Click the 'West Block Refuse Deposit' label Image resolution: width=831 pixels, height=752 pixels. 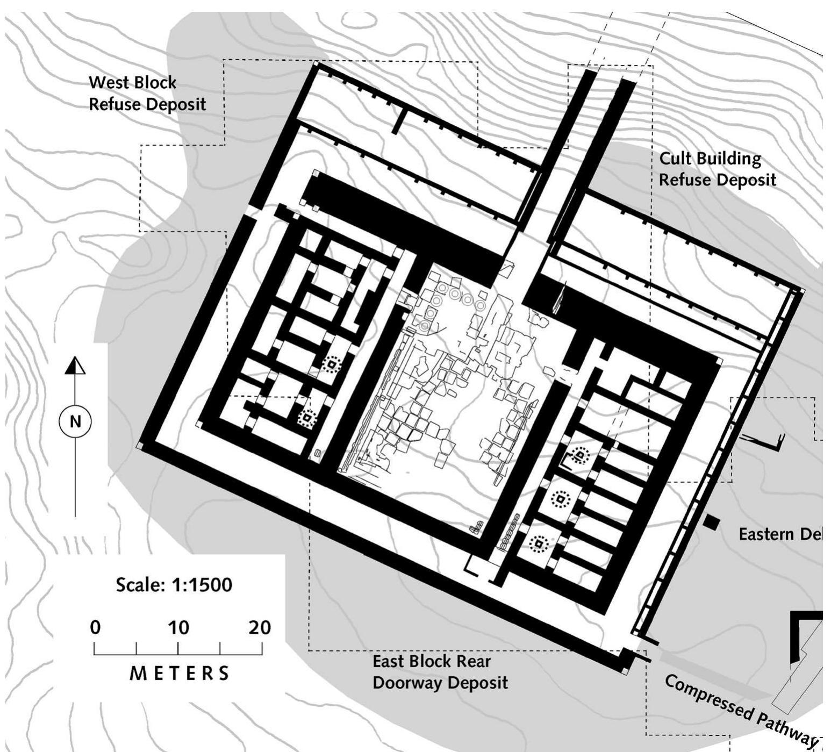147,93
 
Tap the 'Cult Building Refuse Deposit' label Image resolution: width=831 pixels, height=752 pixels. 717,169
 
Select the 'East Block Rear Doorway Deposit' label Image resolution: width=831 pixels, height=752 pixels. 440,672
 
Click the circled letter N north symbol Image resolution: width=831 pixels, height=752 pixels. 75,421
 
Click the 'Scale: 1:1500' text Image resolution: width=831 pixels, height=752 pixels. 174,585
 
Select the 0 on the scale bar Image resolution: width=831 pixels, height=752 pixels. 95,627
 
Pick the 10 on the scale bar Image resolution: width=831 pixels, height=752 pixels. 178,627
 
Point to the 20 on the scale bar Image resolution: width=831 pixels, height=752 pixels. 260,627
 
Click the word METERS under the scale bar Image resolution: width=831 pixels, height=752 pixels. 180,673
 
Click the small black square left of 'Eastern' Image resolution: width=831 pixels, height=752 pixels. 712,522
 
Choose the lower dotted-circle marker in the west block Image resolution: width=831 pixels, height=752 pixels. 307,417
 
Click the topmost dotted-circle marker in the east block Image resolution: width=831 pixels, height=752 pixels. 579,456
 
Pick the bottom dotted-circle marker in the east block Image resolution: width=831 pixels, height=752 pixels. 538,545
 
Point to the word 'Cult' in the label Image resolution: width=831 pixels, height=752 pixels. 676,159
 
